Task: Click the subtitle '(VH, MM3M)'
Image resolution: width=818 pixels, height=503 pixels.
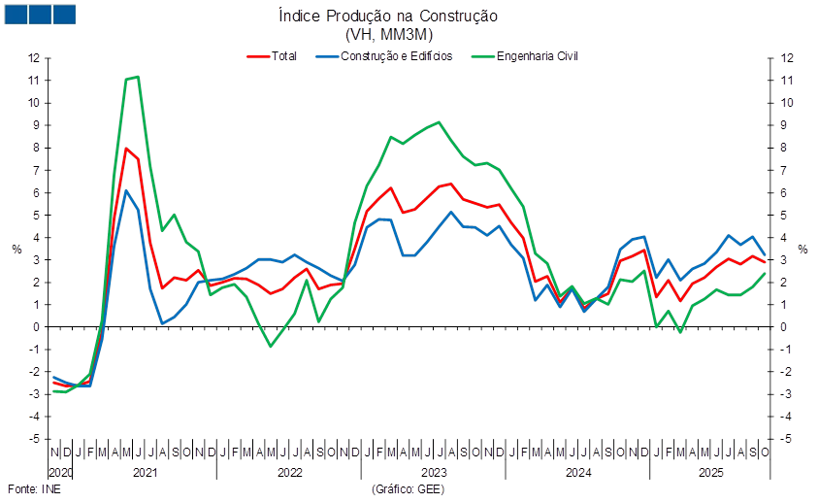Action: (388, 33)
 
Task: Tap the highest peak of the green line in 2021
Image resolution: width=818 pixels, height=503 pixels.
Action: (138, 76)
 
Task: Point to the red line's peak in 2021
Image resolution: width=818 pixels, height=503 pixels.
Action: (126, 148)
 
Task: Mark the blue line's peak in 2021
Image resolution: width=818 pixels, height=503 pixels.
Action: (126, 190)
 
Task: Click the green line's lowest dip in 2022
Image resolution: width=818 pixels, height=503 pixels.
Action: (271, 346)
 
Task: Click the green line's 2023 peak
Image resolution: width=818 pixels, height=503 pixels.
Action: (440, 122)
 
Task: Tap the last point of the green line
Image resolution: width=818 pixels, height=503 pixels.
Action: (766, 273)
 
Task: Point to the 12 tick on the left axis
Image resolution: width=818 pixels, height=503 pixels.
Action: (34, 57)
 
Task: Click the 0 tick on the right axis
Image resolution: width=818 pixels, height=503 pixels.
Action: (784, 327)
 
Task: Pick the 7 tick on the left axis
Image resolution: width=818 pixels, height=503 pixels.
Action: (34, 170)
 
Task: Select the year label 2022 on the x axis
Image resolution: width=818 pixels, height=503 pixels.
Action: (289, 473)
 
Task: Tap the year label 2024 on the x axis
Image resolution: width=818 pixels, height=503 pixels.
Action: (578, 473)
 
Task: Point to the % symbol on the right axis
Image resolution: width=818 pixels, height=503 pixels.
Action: (804, 250)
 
